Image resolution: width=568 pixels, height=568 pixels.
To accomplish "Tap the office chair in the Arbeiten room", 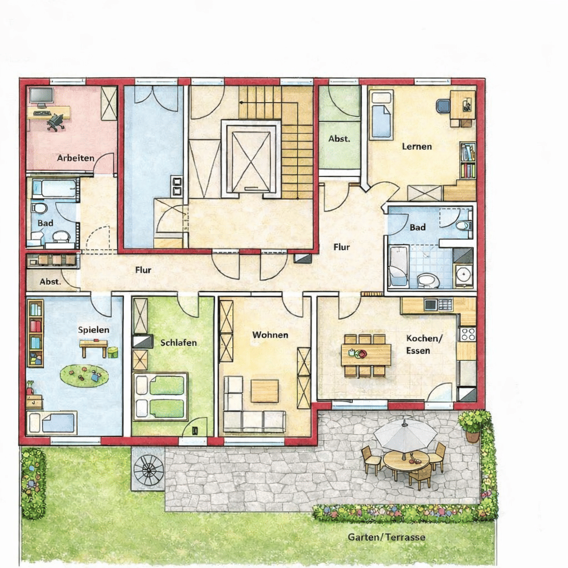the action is click(x=55, y=123).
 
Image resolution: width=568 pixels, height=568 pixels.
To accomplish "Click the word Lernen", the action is click(x=417, y=146).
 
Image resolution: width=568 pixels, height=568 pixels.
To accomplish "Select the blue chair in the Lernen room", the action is click(x=443, y=105).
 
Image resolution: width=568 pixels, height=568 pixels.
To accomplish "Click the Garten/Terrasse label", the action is click(x=387, y=537).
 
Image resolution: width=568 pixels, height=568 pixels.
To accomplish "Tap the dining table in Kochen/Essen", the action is click(x=366, y=355).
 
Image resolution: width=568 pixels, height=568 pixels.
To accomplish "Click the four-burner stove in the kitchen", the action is click(x=468, y=334).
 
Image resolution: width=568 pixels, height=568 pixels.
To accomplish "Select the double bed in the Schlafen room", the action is click(x=160, y=397).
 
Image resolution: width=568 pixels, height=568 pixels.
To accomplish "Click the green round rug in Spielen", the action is click(x=84, y=376).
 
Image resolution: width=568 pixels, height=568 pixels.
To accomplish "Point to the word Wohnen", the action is click(x=270, y=334).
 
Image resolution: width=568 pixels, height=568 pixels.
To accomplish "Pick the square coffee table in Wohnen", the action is click(x=265, y=391).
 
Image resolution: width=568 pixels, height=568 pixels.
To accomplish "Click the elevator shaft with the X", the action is click(x=251, y=159).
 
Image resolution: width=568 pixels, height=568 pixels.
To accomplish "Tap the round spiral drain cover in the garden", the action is click(x=149, y=469).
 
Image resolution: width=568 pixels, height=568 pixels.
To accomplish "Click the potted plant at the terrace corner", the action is click(x=471, y=425).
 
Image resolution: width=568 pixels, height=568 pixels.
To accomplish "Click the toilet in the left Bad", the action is click(x=39, y=209).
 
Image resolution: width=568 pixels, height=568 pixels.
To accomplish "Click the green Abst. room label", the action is click(x=339, y=139).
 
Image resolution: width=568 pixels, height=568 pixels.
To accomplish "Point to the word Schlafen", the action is click(x=179, y=343).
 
